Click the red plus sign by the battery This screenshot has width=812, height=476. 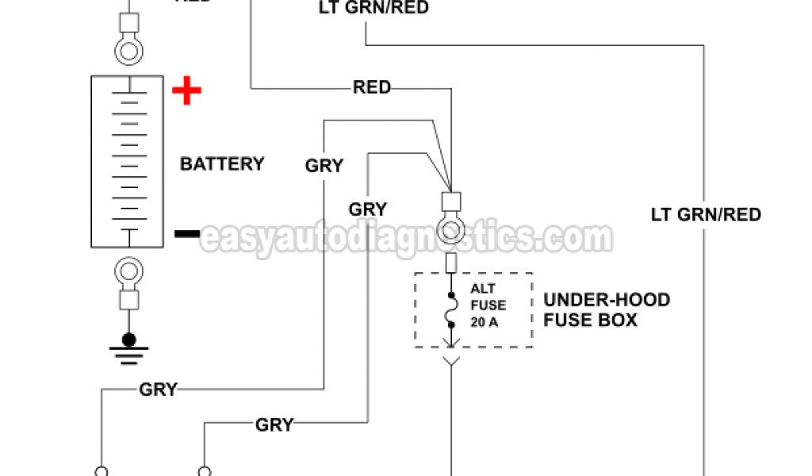[187, 92]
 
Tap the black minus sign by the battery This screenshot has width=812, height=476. [187, 233]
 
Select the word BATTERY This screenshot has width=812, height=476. [222, 164]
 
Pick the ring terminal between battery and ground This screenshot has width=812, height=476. [128, 272]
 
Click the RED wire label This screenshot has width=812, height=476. [372, 87]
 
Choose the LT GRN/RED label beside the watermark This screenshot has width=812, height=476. [706, 214]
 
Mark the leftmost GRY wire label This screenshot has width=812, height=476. [159, 390]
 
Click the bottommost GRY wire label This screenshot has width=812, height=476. [274, 424]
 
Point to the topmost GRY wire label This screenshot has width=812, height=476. [324, 166]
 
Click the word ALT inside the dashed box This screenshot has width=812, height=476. [483, 289]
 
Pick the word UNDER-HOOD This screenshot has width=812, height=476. [607, 301]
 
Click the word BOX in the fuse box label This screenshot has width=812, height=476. [620, 321]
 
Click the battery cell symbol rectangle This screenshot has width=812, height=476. [128, 162]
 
